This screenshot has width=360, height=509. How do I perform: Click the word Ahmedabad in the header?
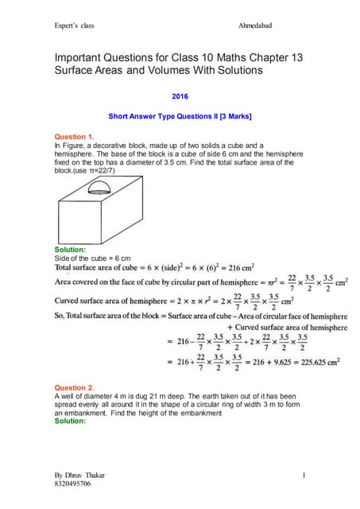255,25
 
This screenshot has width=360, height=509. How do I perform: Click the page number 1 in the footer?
304,475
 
